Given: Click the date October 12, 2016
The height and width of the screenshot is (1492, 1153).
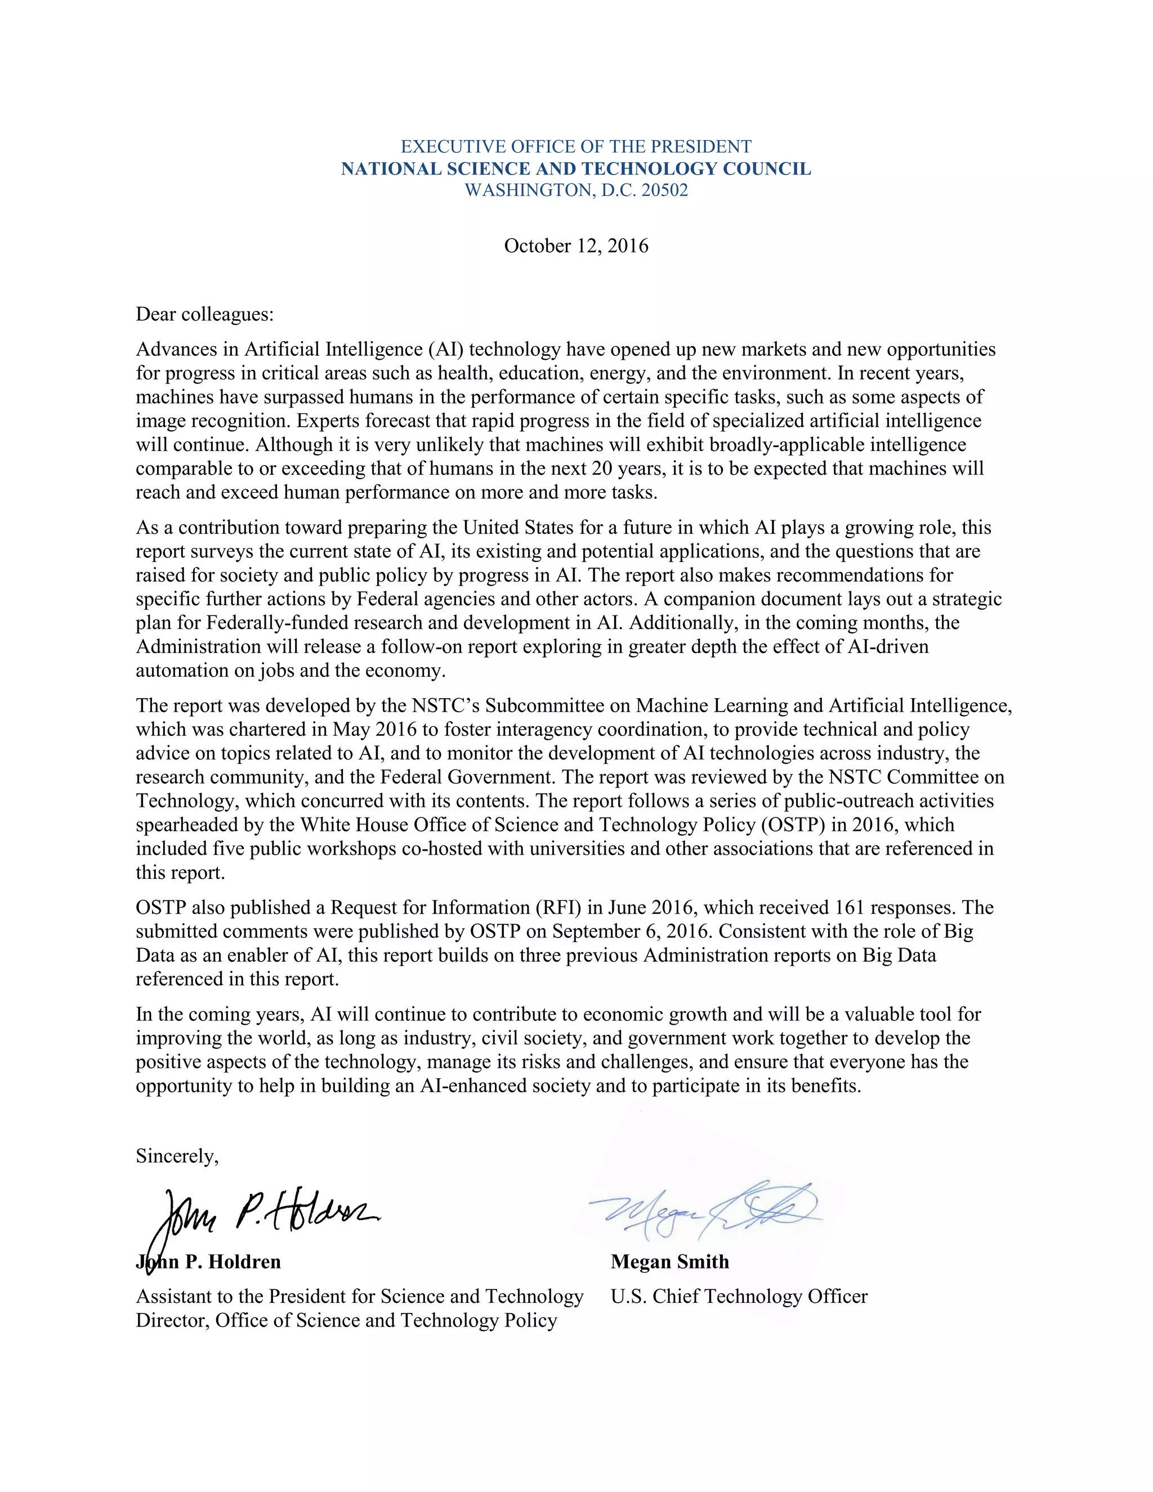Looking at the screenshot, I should click(x=576, y=246).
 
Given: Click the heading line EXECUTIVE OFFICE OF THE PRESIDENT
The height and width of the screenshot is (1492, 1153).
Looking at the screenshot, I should click(x=576, y=147).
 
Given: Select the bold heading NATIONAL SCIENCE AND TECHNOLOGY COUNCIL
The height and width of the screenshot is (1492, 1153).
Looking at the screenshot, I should click(x=576, y=169).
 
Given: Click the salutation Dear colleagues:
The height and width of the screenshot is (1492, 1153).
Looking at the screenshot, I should click(x=204, y=314).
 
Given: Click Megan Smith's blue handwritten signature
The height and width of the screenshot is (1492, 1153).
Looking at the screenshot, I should click(x=704, y=1213).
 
